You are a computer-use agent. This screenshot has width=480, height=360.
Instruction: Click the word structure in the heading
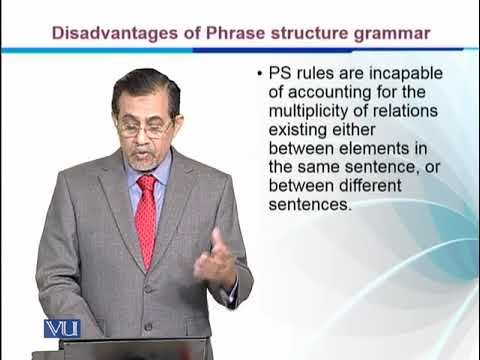pos(308,33)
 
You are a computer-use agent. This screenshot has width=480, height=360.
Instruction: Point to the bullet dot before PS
pos(261,75)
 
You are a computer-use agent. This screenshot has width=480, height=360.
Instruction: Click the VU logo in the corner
pos(61,329)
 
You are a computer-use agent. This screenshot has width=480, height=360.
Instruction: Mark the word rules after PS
pos(317,75)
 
